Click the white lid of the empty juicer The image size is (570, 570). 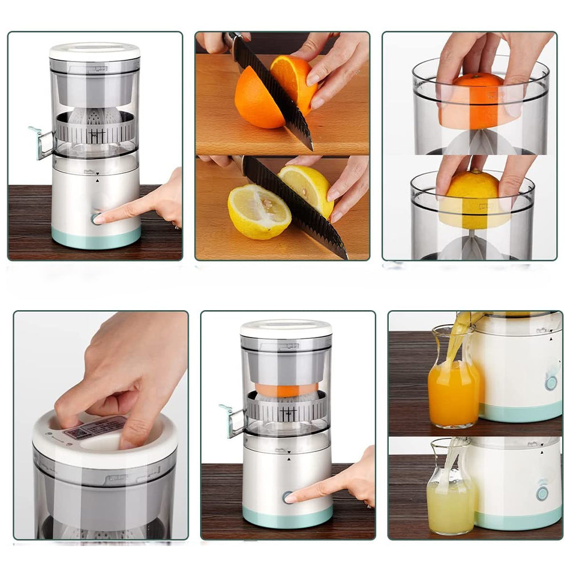(x=95, y=51)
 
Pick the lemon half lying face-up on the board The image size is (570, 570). (x=258, y=211)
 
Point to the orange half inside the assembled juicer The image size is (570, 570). (x=286, y=390)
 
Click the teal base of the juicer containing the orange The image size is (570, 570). (x=287, y=516)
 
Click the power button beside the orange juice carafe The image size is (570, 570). (x=551, y=382)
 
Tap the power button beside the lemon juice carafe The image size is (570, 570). (x=542, y=493)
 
